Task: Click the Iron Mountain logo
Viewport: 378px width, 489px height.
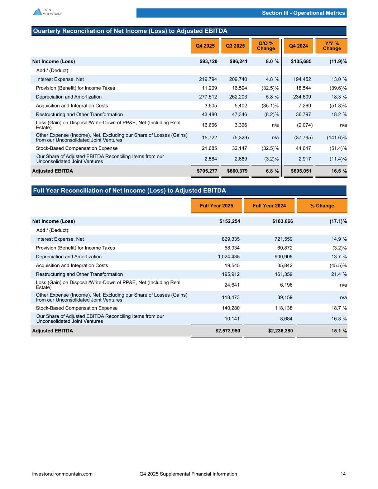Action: click(47, 12)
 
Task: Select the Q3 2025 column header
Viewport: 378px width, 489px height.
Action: click(235, 46)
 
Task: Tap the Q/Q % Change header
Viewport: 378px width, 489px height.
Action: click(266, 46)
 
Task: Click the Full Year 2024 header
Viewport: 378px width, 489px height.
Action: click(269, 206)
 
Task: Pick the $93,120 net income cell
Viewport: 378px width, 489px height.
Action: click(208, 61)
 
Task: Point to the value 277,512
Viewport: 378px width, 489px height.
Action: click(208, 97)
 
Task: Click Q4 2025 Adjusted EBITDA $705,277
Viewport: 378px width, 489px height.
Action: click(207, 171)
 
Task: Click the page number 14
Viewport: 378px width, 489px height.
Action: click(343, 474)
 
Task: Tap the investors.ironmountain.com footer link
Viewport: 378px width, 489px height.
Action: click(62, 474)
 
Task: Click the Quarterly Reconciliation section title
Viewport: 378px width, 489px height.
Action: click(130, 31)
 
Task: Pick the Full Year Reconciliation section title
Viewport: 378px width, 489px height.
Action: click(129, 191)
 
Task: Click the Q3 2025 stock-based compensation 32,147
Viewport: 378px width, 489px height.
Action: click(238, 148)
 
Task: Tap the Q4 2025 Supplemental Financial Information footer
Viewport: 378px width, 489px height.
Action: click(188, 474)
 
